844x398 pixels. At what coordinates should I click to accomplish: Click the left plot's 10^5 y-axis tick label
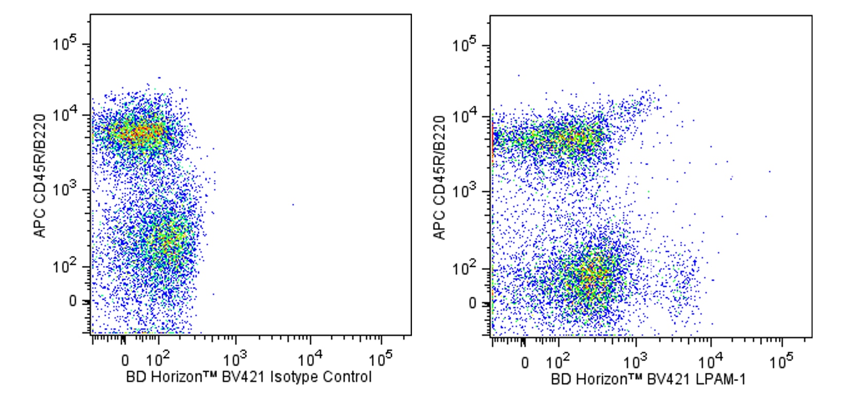(64, 43)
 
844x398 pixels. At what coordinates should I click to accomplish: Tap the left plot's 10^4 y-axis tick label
(64, 114)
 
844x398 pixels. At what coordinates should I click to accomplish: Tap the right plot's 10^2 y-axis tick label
(464, 268)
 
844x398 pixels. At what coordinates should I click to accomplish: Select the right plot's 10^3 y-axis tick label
(464, 191)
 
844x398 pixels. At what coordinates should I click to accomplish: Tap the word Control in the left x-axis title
(347, 377)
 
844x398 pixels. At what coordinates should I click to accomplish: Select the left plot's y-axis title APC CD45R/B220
(40, 176)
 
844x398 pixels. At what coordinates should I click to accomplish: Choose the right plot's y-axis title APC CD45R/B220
(440, 177)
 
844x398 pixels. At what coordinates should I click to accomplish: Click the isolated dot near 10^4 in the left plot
(293, 205)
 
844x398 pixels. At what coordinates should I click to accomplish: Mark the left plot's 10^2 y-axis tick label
(64, 266)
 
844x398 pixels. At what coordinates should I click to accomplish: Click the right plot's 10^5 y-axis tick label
(464, 45)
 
